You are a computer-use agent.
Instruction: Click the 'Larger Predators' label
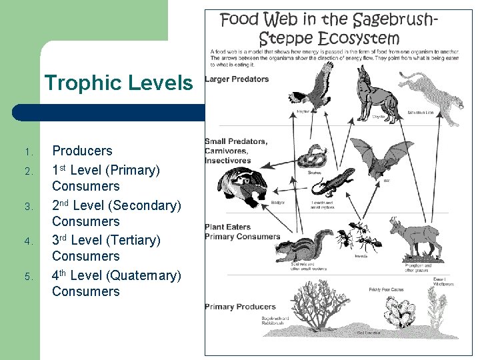pos(237,79)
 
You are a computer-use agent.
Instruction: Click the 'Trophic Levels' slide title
pos(118,83)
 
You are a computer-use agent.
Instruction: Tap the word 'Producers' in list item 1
pos(82,151)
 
